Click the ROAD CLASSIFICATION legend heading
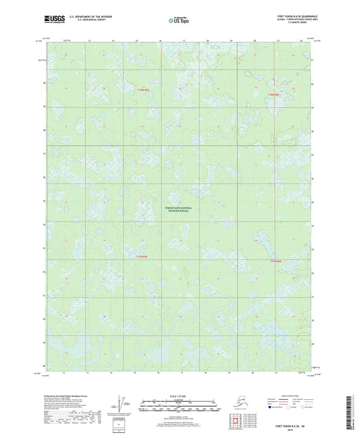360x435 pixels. (x=290, y=395)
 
